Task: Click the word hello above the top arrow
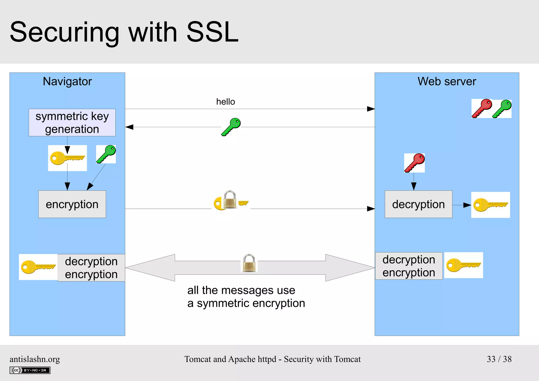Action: coord(225,102)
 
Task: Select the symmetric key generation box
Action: coord(72,122)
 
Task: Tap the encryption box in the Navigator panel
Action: coord(72,204)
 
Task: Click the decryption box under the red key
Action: coord(418,204)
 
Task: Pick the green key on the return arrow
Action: coord(231,127)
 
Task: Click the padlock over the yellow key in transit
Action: coord(230,200)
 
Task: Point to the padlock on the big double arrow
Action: coord(249,263)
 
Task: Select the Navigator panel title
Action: coord(67,81)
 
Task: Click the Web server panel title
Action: coord(447,81)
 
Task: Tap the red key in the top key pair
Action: coord(482,108)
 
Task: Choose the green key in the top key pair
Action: coord(502,108)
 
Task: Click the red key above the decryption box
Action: coord(415,163)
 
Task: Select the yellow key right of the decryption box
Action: coord(490,205)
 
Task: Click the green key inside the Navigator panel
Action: coord(106,154)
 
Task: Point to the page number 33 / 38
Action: coord(499,359)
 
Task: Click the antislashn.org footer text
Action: coord(35,359)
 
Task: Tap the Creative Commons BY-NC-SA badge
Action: coord(30,370)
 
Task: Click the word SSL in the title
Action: coord(212,32)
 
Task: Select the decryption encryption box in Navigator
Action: coord(91,268)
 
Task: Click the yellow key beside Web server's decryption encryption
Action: coord(463,265)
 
